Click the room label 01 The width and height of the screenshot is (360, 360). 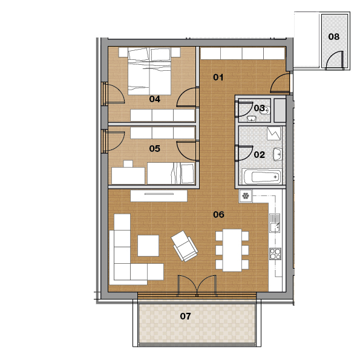tap(218, 77)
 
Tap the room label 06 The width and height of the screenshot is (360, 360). tap(218, 214)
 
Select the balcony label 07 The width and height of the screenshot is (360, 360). tap(185, 316)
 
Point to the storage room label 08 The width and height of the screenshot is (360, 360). tap(333, 36)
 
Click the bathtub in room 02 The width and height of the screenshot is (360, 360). tap(262, 177)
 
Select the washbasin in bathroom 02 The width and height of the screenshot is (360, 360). tap(277, 154)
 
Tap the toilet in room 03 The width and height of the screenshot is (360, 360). tap(266, 111)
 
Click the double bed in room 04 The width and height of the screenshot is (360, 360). tap(149, 71)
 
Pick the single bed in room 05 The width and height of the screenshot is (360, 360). tap(171, 173)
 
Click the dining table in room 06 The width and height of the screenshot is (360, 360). tap(232, 250)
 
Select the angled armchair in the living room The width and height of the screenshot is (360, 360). tap(185, 246)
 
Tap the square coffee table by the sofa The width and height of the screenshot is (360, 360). tap(148, 246)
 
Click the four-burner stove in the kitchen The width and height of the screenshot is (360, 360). tap(275, 254)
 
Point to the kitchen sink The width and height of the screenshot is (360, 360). tap(275, 223)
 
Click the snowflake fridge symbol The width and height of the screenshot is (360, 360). tap(246, 196)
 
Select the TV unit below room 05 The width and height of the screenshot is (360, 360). tap(159, 196)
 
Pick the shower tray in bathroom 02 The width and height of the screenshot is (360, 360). tap(273, 133)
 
